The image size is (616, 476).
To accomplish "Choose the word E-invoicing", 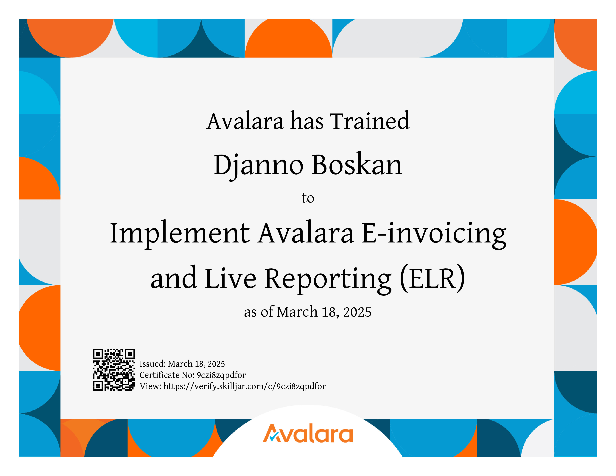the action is [x=434, y=235].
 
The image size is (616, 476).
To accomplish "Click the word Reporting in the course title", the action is [x=328, y=280].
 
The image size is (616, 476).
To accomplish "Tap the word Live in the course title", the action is [x=230, y=278].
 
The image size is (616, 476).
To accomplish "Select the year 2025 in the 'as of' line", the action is [x=357, y=312].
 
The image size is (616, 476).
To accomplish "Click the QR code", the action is [x=114, y=370].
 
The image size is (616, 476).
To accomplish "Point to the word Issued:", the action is [x=153, y=364].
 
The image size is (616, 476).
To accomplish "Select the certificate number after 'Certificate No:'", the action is [x=221, y=375].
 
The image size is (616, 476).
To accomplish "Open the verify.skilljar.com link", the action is [x=245, y=386].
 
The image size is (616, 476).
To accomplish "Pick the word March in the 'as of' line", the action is [x=297, y=312].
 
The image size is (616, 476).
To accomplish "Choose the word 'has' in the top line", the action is [x=307, y=121].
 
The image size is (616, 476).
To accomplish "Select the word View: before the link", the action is [x=150, y=386].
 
